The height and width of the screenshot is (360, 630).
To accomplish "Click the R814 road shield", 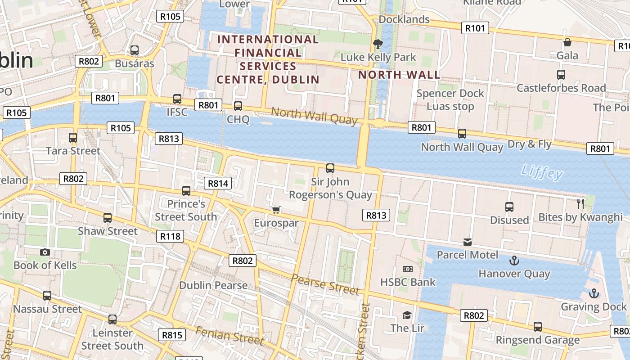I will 218,183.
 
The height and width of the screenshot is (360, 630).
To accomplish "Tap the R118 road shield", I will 170,236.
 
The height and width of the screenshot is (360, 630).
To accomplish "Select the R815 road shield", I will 171,335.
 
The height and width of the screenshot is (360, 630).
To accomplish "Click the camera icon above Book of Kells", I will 45,252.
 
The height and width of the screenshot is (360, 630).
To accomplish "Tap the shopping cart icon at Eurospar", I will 276,210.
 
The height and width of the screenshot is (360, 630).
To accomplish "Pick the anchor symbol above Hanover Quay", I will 513,261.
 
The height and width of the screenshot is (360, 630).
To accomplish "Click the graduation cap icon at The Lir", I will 407,315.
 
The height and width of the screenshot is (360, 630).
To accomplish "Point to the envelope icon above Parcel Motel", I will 468,242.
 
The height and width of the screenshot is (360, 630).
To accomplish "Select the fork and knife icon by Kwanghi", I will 580,204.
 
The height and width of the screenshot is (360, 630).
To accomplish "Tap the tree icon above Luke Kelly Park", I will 378,44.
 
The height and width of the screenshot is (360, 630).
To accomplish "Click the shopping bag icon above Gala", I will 567,42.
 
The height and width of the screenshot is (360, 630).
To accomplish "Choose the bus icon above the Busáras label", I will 134,50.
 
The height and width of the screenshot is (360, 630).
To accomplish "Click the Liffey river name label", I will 542,172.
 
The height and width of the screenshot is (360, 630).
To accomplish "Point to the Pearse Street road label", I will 325,284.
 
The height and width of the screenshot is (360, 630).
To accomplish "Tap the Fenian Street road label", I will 229,335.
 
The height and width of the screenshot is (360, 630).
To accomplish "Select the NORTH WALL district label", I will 399,75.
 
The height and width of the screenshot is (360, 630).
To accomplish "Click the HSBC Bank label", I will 408,282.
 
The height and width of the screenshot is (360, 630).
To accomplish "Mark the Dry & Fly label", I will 529,144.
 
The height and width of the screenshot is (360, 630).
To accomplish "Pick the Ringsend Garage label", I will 538,340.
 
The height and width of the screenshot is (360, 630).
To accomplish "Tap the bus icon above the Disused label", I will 509,207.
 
